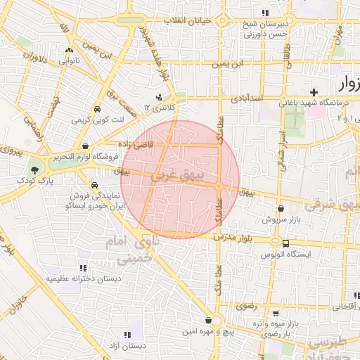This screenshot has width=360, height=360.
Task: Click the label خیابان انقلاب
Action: [188, 20]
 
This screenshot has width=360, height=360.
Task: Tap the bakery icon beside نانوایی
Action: [69, 51]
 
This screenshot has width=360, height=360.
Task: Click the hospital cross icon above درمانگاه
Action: [314, 92]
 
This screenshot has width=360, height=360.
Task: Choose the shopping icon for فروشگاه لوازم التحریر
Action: [85, 146]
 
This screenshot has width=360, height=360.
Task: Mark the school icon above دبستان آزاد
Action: [127, 335]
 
